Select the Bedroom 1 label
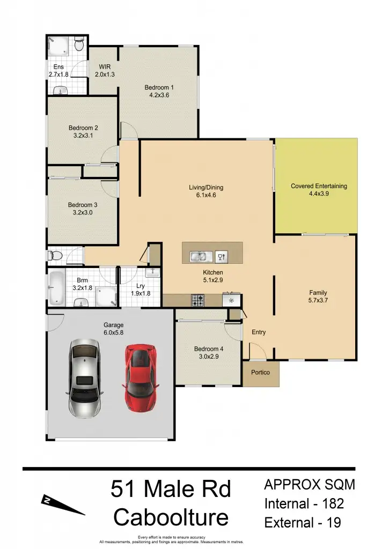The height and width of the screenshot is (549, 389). [x=159, y=87]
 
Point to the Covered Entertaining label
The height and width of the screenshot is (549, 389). [x=319, y=186]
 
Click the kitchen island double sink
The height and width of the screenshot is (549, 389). [x=197, y=257]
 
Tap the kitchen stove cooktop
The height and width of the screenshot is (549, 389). [x=197, y=300]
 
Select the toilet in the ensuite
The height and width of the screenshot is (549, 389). [x=79, y=45]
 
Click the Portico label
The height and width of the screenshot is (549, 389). [x=260, y=373]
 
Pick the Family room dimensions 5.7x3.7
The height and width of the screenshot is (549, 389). [x=318, y=301]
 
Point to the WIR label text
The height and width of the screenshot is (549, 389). [x=105, y=67]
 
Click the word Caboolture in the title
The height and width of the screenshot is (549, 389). [x=171, y=518]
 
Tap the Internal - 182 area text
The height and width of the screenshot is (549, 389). [x=304, y=504]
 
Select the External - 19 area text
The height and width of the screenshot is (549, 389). [x=302, y=523]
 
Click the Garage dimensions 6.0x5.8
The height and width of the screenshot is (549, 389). [x=113, y=333]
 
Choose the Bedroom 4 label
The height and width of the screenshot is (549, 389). [x=209, y=349]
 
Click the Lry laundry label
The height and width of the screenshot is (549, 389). [x=141, y=286]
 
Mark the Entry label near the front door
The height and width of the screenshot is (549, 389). [x=259, y=332]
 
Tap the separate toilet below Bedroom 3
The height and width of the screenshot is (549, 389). [x=54, y=255]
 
